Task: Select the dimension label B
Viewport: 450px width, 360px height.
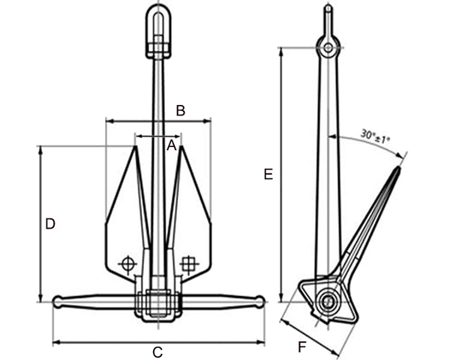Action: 180,110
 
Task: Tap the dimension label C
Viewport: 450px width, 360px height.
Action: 158,352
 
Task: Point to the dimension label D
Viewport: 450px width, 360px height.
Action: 49,223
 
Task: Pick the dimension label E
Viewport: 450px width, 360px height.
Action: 268,175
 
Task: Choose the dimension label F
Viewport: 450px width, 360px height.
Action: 301,346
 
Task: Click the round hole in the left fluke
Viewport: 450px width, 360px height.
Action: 127,263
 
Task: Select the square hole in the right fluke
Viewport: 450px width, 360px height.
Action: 189,263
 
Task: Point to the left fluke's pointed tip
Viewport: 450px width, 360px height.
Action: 134,148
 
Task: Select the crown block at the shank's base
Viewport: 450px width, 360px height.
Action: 158,304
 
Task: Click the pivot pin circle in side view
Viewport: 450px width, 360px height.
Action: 327,302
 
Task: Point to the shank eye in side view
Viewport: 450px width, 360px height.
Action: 328,46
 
